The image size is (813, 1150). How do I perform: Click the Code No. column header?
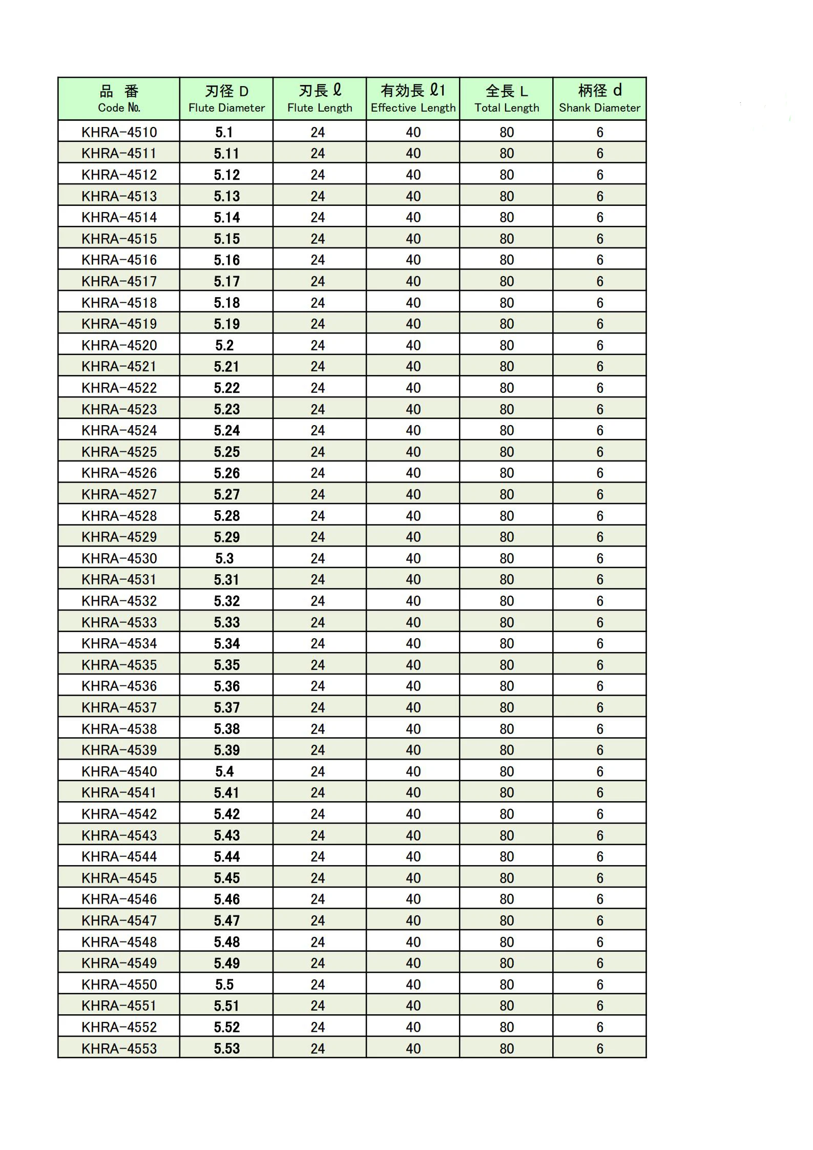[x=119, y=99]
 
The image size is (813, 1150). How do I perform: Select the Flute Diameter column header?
[x=226, y=99]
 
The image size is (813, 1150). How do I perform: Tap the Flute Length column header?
[x=320, y=99]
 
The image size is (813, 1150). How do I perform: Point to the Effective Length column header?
[x=413, y=99]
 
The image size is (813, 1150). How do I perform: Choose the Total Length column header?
[x=507, y=99]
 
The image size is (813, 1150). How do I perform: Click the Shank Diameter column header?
[x=600, y=99]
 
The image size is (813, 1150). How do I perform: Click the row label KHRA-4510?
[x=119, y=132]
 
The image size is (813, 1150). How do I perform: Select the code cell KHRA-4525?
[x=119, y=452]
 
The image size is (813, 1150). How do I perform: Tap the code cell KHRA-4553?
[x=119, y=1049]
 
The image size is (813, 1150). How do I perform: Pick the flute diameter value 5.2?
[x=224, y=345]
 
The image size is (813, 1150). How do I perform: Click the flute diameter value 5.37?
[x=226, y=707]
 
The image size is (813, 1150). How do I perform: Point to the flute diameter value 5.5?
[x=224, y=985]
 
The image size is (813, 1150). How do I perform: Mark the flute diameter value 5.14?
[x=226, y=217]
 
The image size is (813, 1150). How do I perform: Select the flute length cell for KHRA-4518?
[x=318, y=303]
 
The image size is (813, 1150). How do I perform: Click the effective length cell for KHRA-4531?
[x=413, y=579]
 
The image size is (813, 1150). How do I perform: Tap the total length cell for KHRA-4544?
[x=507, y=856]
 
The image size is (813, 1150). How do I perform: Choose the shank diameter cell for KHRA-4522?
[x=600, y=388]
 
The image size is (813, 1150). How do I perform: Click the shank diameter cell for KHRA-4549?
[x=600, y=963]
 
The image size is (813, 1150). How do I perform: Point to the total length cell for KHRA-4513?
[x=507, y=196]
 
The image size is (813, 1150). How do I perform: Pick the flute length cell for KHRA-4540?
[x=318, y=771]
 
